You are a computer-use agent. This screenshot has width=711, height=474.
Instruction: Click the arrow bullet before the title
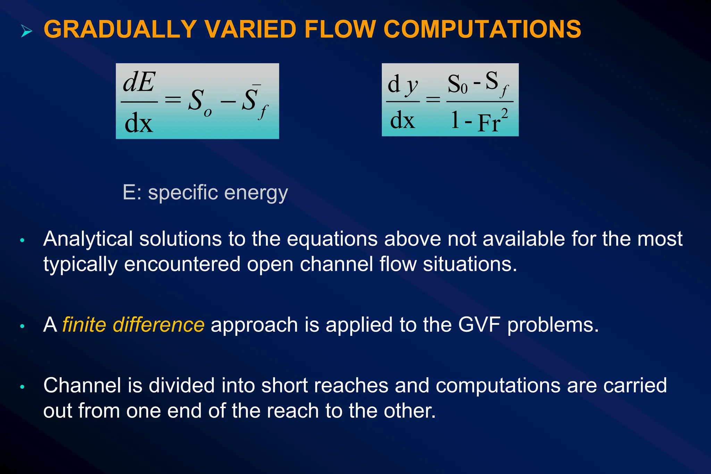26,31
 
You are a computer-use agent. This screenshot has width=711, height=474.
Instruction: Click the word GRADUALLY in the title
120,29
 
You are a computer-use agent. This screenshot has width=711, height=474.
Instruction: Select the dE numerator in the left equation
139,83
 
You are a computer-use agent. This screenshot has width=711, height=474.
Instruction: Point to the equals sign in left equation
173,100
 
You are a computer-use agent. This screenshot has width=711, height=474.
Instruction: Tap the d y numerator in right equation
403,85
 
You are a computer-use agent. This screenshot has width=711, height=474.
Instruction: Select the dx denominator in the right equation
402,120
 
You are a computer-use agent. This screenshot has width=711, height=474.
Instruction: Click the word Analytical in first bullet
88,239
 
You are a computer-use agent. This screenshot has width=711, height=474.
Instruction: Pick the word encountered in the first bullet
182,264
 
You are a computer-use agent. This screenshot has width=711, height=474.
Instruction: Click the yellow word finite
84,325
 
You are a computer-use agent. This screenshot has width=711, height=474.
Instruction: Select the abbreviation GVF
479,325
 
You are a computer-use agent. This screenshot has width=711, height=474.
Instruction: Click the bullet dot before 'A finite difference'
22,326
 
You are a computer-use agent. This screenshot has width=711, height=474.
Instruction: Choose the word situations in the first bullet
470,264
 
